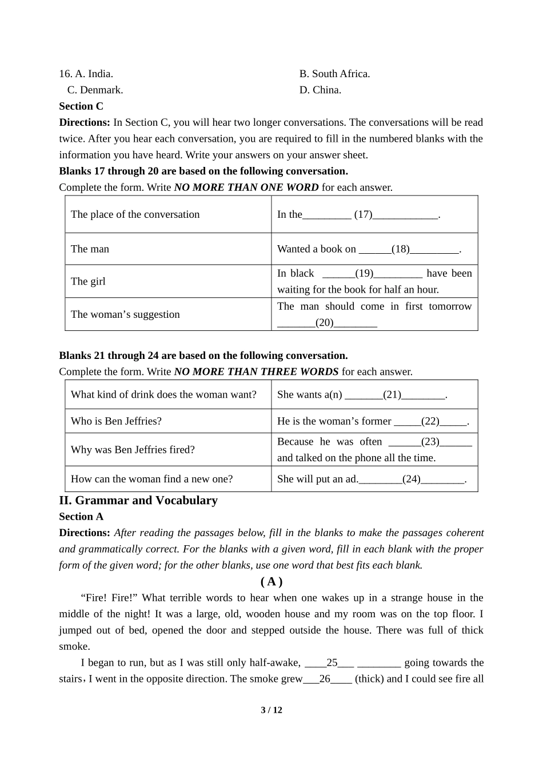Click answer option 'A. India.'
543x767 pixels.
(94, 74)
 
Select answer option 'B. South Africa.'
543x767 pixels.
(334, 74)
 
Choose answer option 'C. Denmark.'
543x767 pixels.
(95, 90)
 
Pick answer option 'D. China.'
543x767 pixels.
(320, 90)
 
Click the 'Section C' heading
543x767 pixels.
(81, 106)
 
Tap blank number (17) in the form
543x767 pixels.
(363, 215)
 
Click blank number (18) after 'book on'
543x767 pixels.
(401, 249)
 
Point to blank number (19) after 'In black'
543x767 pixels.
(364, 273)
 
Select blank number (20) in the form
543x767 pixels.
(325, 323)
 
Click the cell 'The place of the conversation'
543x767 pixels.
(135, 215)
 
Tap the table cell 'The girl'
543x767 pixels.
(88, 281)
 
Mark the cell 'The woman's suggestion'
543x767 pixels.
(125, 314)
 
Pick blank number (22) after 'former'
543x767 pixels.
(430, 422)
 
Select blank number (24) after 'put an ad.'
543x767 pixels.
(412, 480)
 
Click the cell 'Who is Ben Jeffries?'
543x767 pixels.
(116, 422)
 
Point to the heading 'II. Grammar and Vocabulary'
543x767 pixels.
(138, 501)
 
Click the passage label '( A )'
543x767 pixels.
(271, 582)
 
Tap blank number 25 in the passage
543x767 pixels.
(332, 663)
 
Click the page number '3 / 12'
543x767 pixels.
(271, 710)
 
